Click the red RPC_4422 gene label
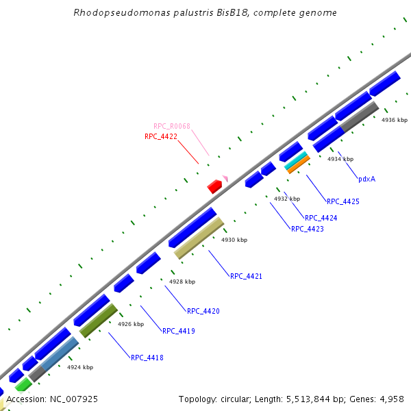tap(161, 136)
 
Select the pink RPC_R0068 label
tap(172, 126)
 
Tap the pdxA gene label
tap(366, 179)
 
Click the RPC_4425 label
tap(343, 201)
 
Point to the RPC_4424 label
tap(321, 218)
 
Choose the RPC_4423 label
tap(308, 229)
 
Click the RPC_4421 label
tap(246, 276)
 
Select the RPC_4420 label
tap(203, 311)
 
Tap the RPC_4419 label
tap(179, 331)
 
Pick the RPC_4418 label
tap(147, 358)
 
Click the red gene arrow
tap(215, 186)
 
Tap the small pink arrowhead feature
tap(225, 178)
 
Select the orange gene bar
tap(299, 164)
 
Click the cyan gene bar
tap(295, 160)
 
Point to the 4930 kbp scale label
tap(234, 240)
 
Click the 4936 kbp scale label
tap(395, 120)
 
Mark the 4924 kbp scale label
tap(80, 367)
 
